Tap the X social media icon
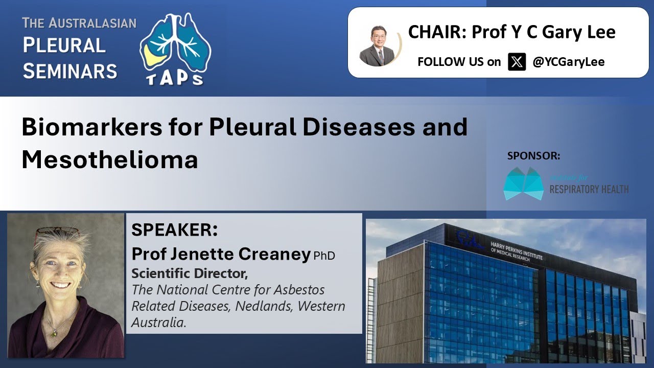[x=517, y=62]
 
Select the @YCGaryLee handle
[x=568, y=62]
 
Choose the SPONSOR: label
[x=533, y=156]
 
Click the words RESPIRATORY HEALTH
[x=589, y=189]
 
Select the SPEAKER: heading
[x=174, y=230]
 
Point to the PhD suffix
[x=324, y=256]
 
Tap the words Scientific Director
[x=189, y=273]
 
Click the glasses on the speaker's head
[x=56, y=233]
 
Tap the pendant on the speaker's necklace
[x=53, y=333]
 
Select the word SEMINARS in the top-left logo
[x=70, y=71]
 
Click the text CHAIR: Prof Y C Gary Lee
[x=511, y=32]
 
